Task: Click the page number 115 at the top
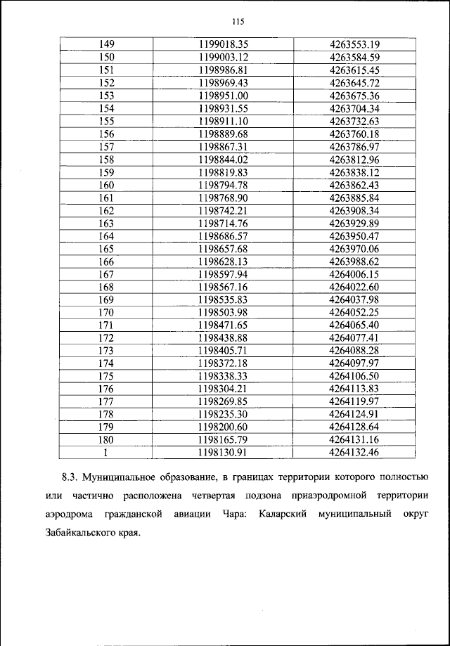pos(224,21)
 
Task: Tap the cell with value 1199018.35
pos(224,44)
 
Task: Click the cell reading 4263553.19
pos(354,44)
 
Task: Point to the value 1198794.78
pos(224,185)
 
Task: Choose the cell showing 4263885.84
pos(354,198)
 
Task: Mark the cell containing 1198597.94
pos(224,274)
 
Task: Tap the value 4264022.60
pos(354,287)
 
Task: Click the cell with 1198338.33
pos(224,377)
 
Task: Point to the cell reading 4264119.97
pos(354,402)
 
